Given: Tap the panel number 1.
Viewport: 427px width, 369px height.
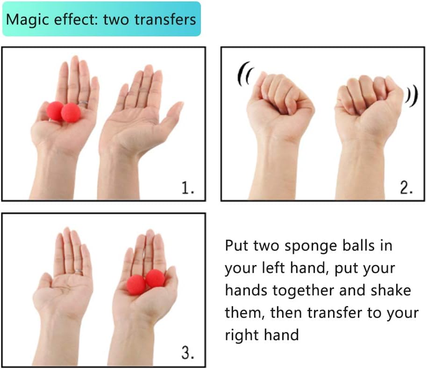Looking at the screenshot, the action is (188, 188).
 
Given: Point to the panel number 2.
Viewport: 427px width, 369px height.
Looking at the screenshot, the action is (406, 188).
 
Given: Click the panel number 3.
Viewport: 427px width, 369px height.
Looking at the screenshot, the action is (188, 353).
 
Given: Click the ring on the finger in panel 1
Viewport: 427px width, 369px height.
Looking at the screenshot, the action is (83, 103).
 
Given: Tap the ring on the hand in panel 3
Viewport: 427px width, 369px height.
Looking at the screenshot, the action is (79, 272).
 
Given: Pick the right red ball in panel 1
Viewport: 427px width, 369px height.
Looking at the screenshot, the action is (71, 112).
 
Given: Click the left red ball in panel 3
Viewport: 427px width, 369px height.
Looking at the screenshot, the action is (136, 285).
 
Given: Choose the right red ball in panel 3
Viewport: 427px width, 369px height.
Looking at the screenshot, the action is (155, 278).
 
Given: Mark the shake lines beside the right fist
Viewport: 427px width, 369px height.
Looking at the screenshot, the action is (411, 96).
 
